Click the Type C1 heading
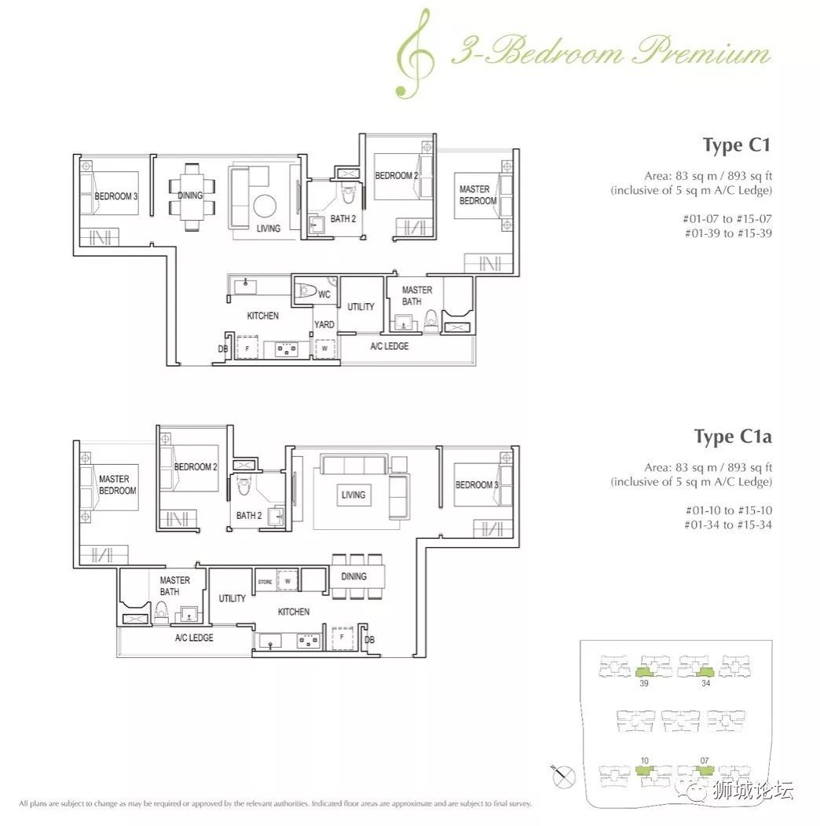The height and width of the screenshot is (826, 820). pos(737,145)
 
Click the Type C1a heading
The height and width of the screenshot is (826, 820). pos(733,437)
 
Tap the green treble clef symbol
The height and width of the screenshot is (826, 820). pos(415,53)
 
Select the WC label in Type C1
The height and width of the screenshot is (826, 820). pos(324,294)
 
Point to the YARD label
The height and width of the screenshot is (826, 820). pos(324,324)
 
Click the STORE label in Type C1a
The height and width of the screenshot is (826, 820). pos(265,582)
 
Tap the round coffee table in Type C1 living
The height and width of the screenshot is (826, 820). pos(265,206)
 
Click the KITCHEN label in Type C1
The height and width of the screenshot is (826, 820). pos(263,316)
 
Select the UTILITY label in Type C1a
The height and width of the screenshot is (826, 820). pos(232,598)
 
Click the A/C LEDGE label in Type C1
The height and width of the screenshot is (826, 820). pos(390,346)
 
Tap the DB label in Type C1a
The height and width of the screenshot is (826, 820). pos(369,639)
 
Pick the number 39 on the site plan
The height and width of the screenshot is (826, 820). pos(643,683)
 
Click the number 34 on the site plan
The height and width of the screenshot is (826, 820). pos(705,683)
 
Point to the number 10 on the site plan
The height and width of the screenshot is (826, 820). pos(645,761)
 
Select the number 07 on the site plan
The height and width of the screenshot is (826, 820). pos(705,761)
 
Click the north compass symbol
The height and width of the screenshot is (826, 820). pos(563,777)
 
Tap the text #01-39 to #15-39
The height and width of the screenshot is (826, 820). pos(728,233)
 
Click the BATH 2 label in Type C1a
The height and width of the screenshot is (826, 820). pos(249,515)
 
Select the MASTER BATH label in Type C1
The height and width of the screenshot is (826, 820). pos(417,295)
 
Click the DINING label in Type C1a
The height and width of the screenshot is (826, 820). pos(353,576)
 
